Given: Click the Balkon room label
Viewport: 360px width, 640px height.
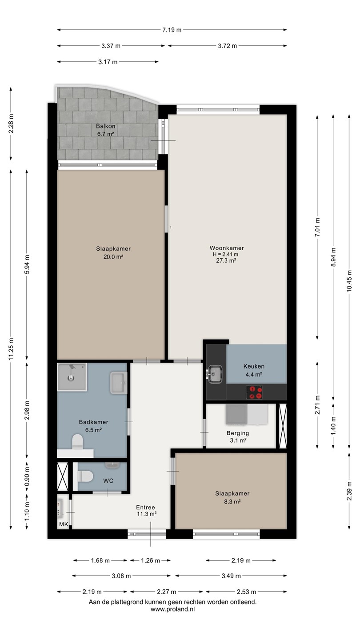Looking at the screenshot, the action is point(106,126).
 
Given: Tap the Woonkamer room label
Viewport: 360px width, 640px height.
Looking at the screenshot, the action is point(227,248).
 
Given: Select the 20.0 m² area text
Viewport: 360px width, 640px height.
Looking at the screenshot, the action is point(113,257).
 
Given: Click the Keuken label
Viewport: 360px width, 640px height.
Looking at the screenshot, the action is point(254,366).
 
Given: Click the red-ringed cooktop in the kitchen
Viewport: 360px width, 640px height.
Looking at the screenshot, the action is point(254,392).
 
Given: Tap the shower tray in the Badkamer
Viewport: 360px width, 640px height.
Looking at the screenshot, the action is point(72,377).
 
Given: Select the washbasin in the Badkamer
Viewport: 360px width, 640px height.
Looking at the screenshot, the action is point(119,383).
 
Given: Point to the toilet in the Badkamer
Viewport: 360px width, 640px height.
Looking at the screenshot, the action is point(77,442).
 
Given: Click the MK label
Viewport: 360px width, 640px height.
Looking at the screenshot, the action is point(64,524).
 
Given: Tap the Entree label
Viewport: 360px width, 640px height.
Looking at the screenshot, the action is point(145,508).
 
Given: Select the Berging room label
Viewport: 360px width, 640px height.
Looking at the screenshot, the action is point(238,433).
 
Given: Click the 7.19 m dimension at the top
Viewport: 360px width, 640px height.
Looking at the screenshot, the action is point(172,30).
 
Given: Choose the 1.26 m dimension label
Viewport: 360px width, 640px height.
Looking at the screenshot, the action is point(150,560).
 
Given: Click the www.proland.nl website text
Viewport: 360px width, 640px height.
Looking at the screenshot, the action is point(172,609).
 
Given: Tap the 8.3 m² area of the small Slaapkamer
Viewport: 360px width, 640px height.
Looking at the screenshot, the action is point(232,501).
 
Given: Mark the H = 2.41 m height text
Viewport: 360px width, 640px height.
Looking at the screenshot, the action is point(225,254).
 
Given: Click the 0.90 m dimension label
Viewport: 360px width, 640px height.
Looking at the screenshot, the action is point(27,476).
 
